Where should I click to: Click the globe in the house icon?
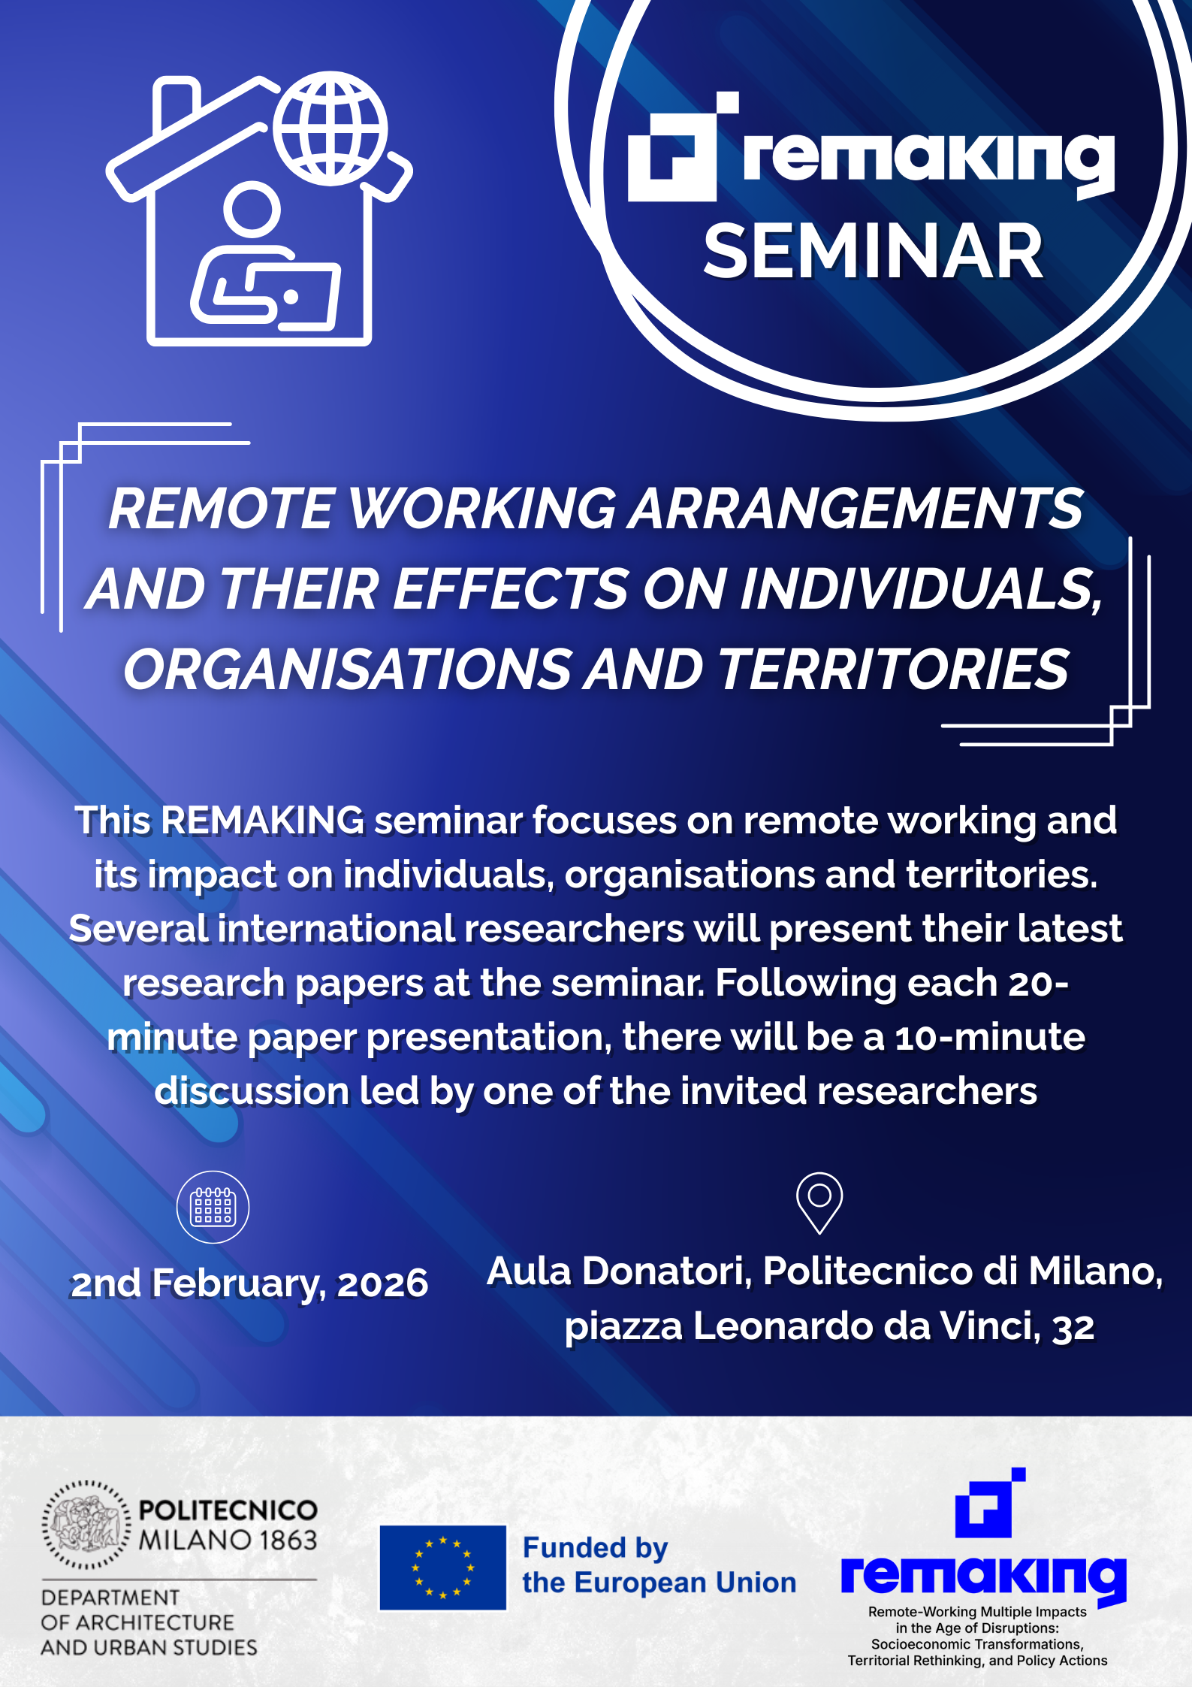pyautogui.click(x=330, y=128)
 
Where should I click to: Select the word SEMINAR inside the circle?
pyautogui.click(x=873, y=252)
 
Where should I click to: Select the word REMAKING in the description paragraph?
pyautogui.click(x=263, y=820)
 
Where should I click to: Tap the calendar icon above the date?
pyautogui.click(x=213, y=1207)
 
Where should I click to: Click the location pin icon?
pyautogui.click(x=819, y=1202)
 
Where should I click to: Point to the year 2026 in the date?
pyautogui.click(x=382, y=1283)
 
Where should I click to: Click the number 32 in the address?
pyautogui.click(x=1073, y=1327)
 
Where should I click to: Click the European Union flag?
pyautogui.click(x=442, y=1568)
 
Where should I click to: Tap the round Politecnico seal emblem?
pyautogui.click(x=86, y=1525)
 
